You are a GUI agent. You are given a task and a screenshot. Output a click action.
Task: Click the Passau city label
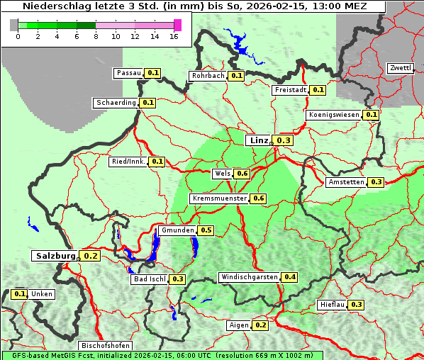click(x=128, y=73)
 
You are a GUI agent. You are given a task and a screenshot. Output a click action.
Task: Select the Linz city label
click(x=258, y=140)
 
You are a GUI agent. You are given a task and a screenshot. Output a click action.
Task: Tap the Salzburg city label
click(x=54, y=255)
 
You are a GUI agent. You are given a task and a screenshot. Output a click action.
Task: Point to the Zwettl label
click(x=400, y=68)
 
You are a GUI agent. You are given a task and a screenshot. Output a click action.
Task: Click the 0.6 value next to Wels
click(x=242, y=174)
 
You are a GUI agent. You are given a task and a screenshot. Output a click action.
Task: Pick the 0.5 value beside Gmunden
click(x=206, y=230)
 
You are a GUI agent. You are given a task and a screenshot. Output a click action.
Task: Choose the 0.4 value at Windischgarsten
click(x=289, y=277)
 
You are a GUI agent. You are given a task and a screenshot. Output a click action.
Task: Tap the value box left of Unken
click(x=20, y=294)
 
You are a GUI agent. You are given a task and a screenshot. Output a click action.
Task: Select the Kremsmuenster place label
click(x=219, y=198)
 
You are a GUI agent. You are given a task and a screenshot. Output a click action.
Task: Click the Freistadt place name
click(x=289, y=90)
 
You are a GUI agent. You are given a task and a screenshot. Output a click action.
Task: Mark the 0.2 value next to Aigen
click(x=260, y=325)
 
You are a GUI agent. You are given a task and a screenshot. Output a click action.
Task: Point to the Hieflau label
click(x=332, y=305)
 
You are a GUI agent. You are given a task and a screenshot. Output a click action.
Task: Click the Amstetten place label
click(x=346, y=182)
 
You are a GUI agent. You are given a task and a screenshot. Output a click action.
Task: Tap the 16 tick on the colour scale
click(x=174, y=36)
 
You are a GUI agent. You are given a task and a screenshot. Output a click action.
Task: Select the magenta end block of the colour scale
click(x=177, y=25)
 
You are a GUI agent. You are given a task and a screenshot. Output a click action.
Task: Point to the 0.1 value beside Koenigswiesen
click(x=371, y=115)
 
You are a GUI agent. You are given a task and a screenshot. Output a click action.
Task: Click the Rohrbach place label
click(x=207, y=76)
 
